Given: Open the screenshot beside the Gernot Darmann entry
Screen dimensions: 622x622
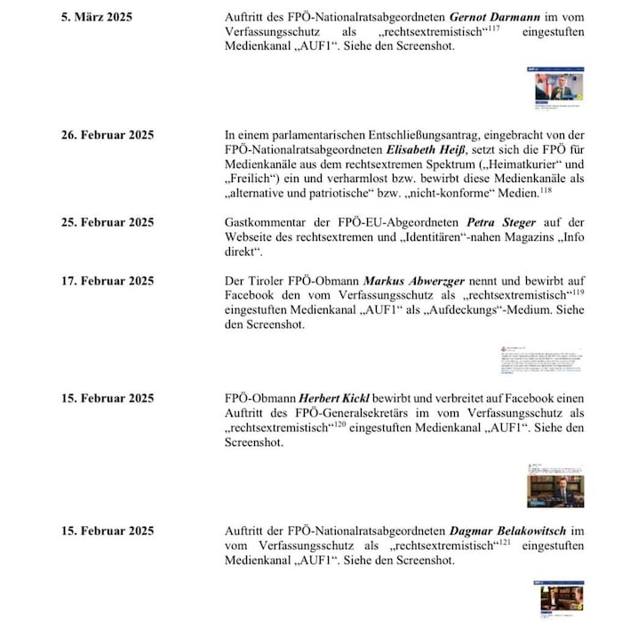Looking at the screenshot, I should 559,85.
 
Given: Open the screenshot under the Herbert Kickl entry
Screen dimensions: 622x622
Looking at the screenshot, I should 556,485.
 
